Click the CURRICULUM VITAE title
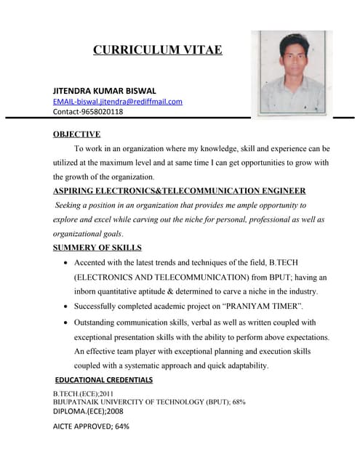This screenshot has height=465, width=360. point(157,50)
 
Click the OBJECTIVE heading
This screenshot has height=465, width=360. point(76,134)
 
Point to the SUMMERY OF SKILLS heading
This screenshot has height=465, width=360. point(97,248)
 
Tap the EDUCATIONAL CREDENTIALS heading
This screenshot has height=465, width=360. point(104,380)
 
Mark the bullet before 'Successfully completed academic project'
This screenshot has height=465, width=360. point(67,306)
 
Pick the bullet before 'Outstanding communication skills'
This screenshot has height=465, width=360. point(67,322)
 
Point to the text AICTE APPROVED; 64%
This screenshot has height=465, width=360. point(91,426)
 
